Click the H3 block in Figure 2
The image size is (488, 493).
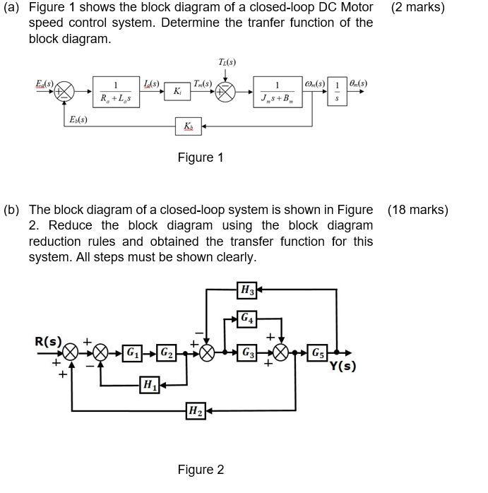click(246, 289)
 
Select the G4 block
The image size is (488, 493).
click(246, 319)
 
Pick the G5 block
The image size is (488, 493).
click(319, 352)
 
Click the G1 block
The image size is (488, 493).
click(132, 352)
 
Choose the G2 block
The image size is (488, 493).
click(164, 352)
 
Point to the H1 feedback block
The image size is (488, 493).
click(149, 385)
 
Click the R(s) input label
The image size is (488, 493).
click(48, 342)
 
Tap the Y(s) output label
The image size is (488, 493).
click(343, 366)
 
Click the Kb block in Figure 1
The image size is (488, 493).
click(188, 126)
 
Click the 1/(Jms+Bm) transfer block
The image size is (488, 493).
click(276, 91)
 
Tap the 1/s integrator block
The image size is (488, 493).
click(337, 91)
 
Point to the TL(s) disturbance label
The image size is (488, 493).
click(226, 62)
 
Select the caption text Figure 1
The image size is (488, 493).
click(200, 158)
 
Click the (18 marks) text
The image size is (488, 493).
click(417, 210)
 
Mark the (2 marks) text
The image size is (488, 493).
click(417, 8)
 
